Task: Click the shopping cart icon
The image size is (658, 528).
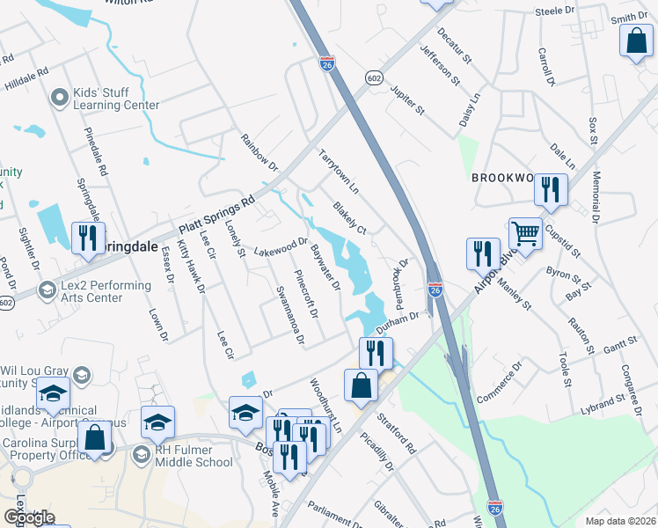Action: pos(526,234)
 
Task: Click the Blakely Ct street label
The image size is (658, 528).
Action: pos(349,218)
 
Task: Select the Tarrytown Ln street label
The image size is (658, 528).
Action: pos(339,171)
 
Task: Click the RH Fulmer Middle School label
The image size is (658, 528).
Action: pos(194,455)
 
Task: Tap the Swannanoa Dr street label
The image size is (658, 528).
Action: pos(290,315)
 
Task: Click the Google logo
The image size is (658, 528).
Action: pos(30,517)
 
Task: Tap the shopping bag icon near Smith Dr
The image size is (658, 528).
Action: pos(636,40)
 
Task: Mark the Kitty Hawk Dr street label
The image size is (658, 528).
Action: pos(191,265)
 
